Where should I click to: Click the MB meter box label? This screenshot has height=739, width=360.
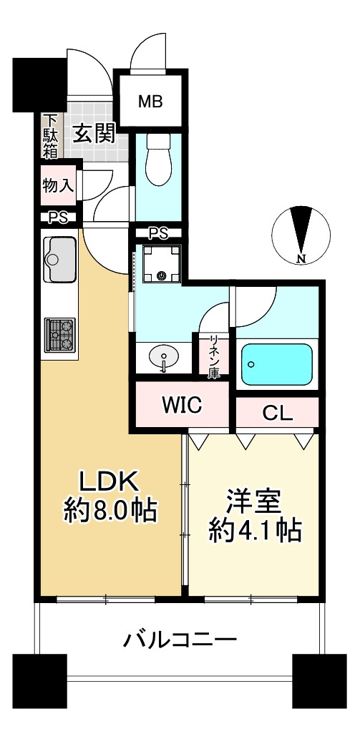point(151,101)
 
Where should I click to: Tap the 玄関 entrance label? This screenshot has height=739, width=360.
point(94,134)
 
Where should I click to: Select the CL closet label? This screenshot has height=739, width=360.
point(276,413)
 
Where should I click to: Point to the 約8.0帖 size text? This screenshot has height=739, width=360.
point(110,511)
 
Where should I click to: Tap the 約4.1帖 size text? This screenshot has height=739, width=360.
point(253,531)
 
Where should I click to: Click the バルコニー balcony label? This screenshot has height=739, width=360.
point(179,638)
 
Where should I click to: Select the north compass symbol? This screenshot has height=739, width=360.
point(301,234)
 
